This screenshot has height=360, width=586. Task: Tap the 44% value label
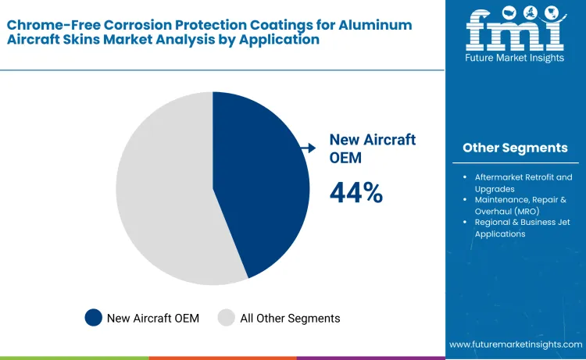(x=356, y=193)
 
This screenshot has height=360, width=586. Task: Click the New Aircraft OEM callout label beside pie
(x=372, y=147)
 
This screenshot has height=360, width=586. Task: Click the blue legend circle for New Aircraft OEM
(x=94, y=318)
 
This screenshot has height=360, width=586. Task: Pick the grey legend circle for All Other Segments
(x=227, y=318)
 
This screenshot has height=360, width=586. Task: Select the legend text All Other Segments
(x=290, y=318)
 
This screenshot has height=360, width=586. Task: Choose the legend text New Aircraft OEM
(x=153, y=318)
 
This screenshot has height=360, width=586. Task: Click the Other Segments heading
(x=515, y=148)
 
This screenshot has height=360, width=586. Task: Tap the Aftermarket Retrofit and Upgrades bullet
(x=523, y=183)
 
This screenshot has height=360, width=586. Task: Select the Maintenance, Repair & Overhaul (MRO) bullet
(x=522, y=205)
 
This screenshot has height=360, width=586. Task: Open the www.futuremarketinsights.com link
(x=516, y=344)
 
